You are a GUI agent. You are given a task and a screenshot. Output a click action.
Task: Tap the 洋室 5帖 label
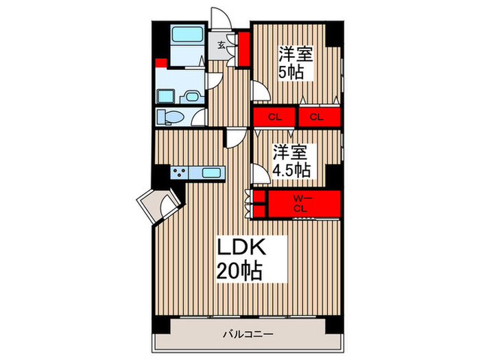point(296,63)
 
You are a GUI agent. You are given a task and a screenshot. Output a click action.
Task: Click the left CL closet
point(274,117)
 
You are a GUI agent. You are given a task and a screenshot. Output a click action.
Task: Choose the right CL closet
point(317,117)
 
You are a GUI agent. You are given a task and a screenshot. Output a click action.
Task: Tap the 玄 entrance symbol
point(222,46)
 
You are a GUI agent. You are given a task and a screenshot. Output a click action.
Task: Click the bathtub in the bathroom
point(184,35)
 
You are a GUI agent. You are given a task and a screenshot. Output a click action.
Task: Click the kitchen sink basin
point(211,173)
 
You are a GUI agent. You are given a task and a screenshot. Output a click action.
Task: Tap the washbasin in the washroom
point(191,96)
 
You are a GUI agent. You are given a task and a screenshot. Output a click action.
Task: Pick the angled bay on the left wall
point(157,204)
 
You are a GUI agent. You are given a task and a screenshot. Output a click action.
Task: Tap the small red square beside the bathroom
point(161,64)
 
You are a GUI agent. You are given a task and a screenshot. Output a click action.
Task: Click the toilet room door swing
point(199,119)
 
